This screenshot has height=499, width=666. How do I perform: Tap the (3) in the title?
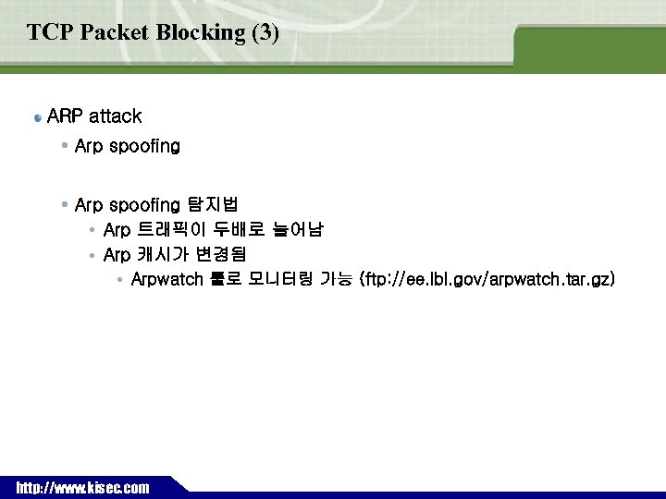tap(265, 32)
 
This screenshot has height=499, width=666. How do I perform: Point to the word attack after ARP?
tap(115, 116)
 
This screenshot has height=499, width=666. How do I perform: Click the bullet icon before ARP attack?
tap(36, 118)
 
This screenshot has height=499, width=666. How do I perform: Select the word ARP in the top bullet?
tap(65, 116)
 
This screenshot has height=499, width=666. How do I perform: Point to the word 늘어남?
tap(297, 228)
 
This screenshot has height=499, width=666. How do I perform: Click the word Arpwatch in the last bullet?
tap(166, 279)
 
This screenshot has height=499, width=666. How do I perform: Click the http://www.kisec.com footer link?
tap(82, 488)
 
